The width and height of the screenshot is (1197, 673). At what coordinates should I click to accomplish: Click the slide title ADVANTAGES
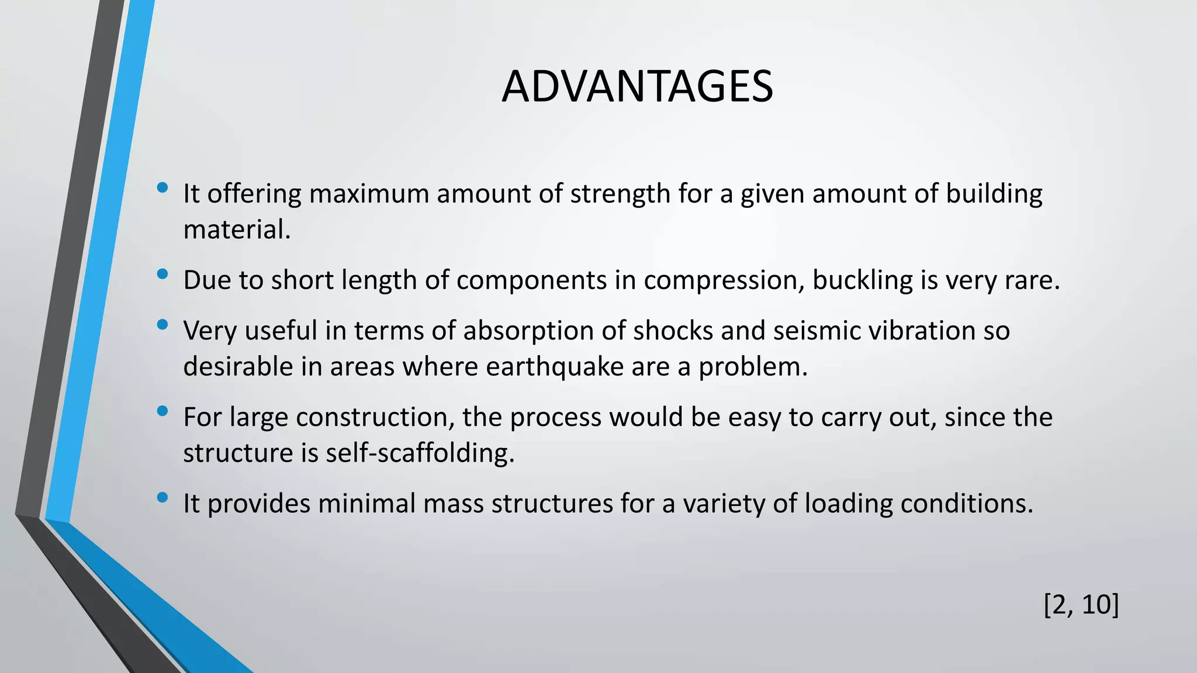tap(637, 86)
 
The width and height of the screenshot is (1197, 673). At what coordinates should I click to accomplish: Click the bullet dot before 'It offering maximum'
tap(162, 188)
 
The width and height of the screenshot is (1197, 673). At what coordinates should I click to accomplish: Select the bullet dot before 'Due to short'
tap(162, 274)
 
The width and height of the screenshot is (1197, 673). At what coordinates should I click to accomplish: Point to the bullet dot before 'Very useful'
tap(162, 324)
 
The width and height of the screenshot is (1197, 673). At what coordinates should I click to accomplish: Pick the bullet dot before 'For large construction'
tap(162, 411)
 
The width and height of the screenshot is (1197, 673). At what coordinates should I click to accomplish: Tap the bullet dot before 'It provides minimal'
tap(162, 497)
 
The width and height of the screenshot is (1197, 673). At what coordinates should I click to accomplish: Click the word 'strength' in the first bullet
tap(620, 194)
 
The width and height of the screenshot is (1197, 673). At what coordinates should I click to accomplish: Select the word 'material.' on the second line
tap(237, 230)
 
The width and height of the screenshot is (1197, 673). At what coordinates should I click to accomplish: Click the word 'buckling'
tap(863, 280)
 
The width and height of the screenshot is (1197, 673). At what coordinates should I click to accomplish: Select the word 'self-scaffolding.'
tap(420, 453)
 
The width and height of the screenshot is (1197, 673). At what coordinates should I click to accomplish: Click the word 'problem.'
tap(753, 367)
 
